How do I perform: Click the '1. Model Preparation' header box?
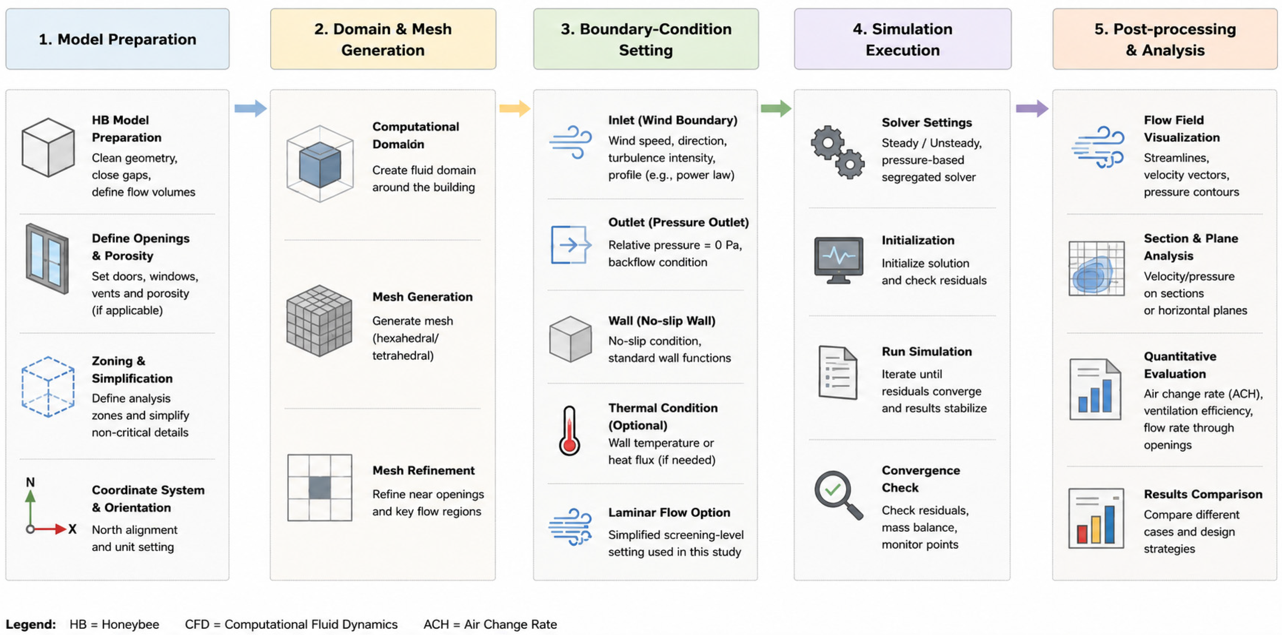coord(117,39)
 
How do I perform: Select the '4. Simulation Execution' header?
coord(902,39)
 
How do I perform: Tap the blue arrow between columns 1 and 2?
coord(250,108)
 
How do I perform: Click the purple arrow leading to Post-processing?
coord(1032,108)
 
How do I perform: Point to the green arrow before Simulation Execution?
coord(776,108)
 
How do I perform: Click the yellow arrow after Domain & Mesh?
coord(515,108)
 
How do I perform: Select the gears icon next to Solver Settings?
coord(838,152)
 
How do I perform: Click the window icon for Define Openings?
coord(47,258)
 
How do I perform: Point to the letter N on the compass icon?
coord(30,482)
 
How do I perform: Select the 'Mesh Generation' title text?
coord(423,297)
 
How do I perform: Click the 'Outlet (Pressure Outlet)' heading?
coord(678,222)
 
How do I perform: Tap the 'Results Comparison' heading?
coord(1203,494)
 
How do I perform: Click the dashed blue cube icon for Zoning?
coord(48,387)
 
